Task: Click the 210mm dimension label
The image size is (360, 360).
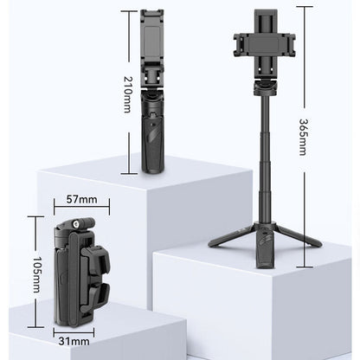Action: [x=128, y=93]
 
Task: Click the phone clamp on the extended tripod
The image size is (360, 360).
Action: [x=266, y=40]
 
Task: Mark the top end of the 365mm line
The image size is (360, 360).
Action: [x=302, y=7]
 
